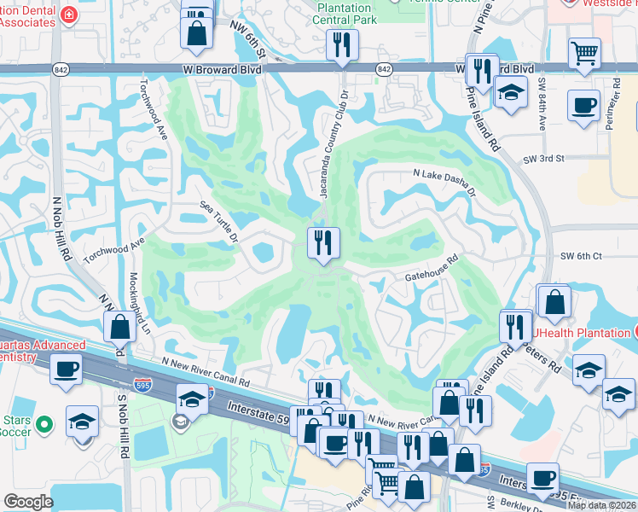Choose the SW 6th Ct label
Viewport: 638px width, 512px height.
581,256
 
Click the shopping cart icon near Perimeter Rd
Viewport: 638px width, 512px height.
585,53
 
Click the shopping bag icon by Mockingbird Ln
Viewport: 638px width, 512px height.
119,326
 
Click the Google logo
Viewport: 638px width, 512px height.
28,502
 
